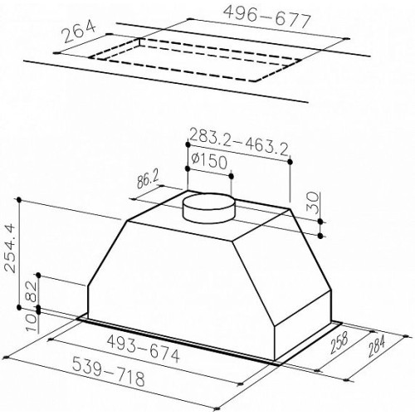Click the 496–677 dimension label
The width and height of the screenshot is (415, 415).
(x=266, y=17)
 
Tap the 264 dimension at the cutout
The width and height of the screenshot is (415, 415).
(x=80, y=32)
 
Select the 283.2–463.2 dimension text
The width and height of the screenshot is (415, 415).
(x=238, y=144)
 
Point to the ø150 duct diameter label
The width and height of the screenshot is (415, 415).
(x=209, y=161)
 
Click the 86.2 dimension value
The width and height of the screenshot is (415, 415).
(x=148, y=182)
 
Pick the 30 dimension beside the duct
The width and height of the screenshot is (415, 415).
(x=313, y=203)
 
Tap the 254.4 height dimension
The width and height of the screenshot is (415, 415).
(x=10, y=248)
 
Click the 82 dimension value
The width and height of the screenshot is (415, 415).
(x=32, y=292)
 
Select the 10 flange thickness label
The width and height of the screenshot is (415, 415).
(x=32, y=322)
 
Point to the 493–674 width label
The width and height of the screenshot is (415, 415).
(x=144, y=349)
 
